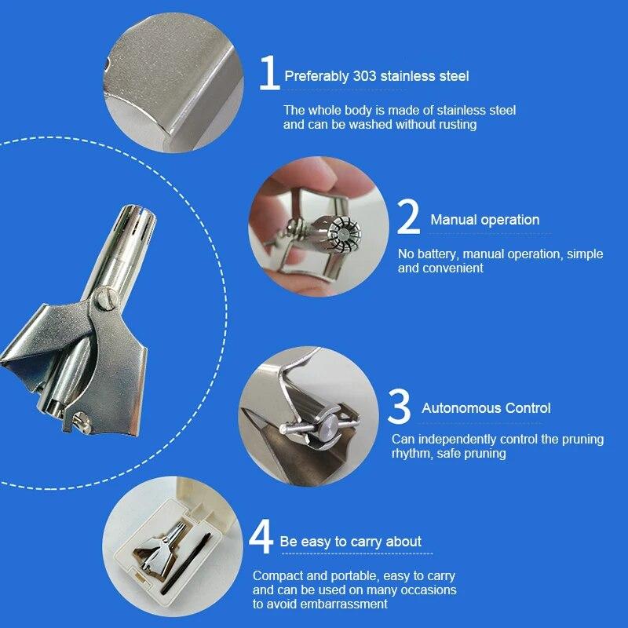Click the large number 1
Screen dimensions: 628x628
[269, 72]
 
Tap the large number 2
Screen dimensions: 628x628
[408, 217]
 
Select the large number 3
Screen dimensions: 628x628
[400, 406]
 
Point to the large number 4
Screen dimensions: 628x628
[261, 536]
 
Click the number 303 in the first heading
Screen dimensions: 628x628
[364, 76]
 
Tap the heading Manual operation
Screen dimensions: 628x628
[484, 220]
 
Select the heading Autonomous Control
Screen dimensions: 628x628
[486, 408]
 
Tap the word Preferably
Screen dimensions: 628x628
[316, 76]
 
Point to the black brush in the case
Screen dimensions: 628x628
[186, 564]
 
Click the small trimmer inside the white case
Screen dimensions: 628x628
[160, 549]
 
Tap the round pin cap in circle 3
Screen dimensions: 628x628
[330, 426]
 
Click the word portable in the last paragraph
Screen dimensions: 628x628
[354, 576]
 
